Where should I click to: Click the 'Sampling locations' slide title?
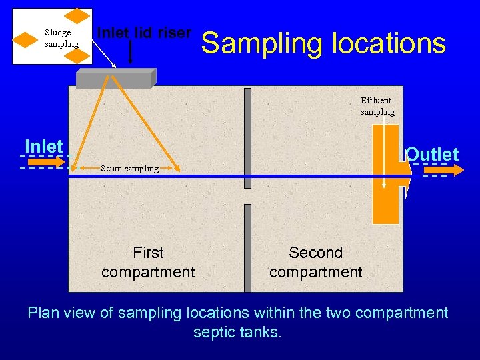323,43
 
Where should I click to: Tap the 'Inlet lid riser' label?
144,33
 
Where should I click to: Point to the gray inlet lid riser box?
115,79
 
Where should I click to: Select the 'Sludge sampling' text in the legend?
61,38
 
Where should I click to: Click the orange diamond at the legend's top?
79,16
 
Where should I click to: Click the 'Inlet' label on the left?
43,146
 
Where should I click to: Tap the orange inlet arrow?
46,161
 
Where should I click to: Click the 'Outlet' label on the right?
432,155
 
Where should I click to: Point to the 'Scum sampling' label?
129,169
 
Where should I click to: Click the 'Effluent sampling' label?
377,106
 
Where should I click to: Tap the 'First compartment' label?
148,262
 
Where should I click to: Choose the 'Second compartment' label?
315,262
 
